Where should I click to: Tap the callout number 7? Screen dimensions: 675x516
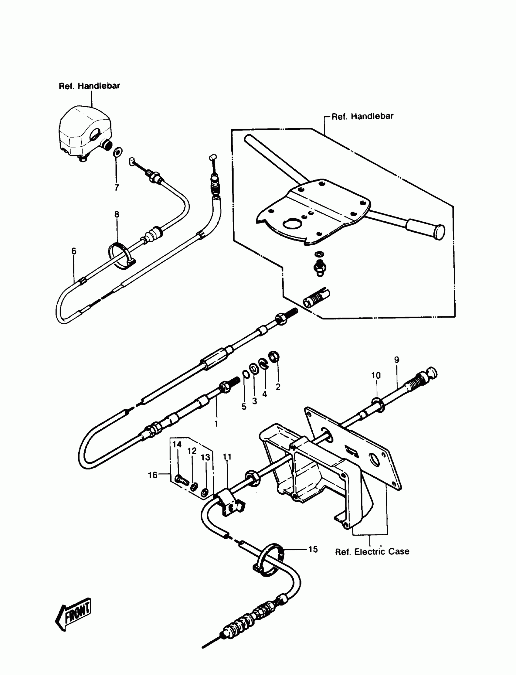[x=117, y=187]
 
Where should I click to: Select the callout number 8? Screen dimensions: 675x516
[x=117, y=214]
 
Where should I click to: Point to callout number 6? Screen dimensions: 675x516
[x=74, y=251]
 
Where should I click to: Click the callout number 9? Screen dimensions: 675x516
[x=396, y=360]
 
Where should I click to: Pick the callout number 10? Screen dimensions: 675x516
[x=376, y=375]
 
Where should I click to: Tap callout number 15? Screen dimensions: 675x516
[x=313, y=549]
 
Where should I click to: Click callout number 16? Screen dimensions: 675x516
[x=153, y=475]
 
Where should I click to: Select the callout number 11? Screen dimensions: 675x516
[x=227, y=457]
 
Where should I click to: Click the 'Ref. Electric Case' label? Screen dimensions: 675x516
[x=372, y=551]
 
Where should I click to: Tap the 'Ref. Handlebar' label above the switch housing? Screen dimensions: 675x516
[x=89, y=86]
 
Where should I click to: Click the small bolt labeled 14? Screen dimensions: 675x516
[x=182, y=479]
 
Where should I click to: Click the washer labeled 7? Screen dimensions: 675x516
[x=118, y=152]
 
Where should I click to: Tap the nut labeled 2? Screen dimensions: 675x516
[x=274, y=356]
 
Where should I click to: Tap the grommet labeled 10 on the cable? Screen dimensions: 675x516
[x=378, y=404]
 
